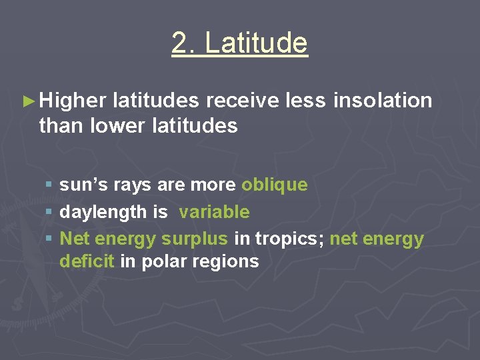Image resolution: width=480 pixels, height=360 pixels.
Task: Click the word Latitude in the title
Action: click(257, 43)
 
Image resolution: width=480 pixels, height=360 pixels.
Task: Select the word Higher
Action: click(73, 101)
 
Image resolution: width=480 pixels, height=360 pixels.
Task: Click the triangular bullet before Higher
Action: click(28, 102)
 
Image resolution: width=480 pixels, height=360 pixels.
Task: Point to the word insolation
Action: click(383, 101)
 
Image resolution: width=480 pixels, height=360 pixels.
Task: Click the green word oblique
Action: click(275, 185)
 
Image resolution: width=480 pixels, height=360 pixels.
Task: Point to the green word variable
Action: click(214, 212)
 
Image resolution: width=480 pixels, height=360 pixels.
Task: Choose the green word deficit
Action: click(87, 261)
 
